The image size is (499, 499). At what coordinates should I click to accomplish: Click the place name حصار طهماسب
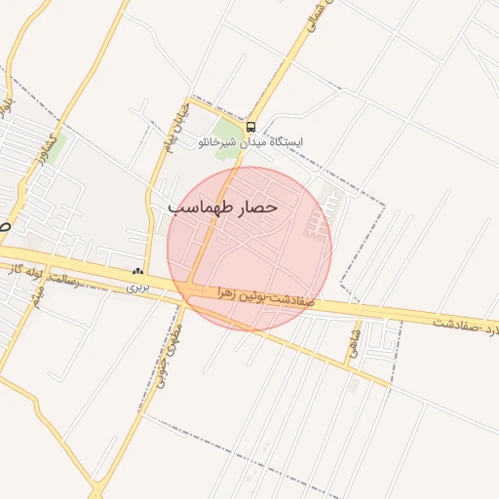coord(223,208)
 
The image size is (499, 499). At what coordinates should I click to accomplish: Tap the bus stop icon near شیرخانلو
coord(251,127)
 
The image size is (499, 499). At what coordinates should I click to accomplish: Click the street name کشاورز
coord(46,149)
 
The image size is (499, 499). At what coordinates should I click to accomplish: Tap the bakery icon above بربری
coord(137,274)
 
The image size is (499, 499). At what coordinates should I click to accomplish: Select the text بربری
coord(137,288)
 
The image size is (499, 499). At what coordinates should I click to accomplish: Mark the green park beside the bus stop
coord(228,134)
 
